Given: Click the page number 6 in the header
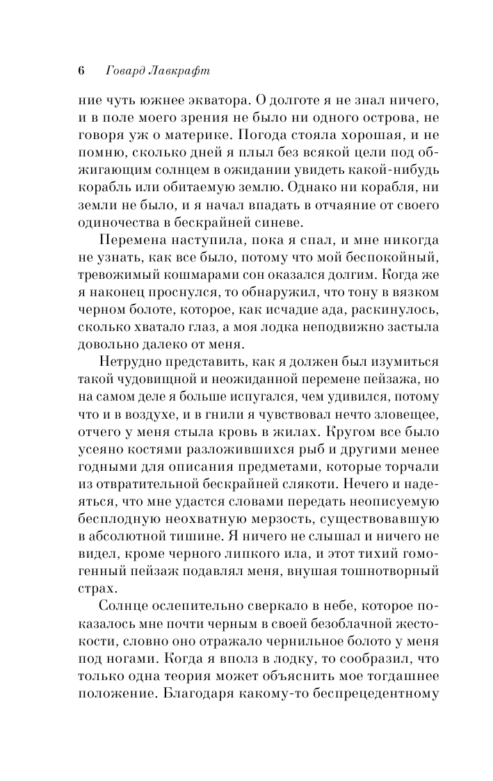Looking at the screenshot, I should click(81, 71).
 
